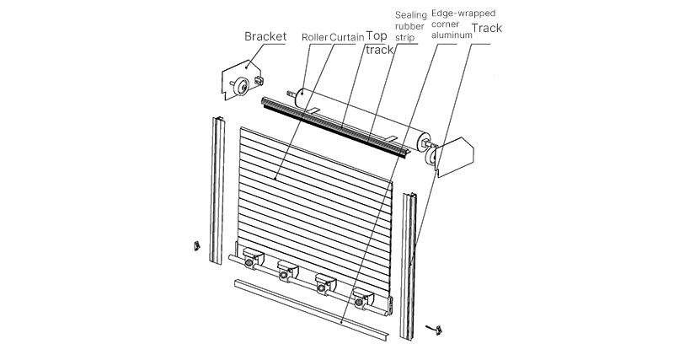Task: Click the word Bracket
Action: [265, 36]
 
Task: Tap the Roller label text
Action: [314, 38]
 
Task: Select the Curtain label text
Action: [347, 38]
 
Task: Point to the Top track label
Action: [380, 44]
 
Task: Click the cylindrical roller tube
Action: [362, 114]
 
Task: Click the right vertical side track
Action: [410, 261]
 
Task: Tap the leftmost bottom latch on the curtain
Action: [251, 260]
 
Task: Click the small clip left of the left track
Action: [195, 245]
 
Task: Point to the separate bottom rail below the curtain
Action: [312, 308]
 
